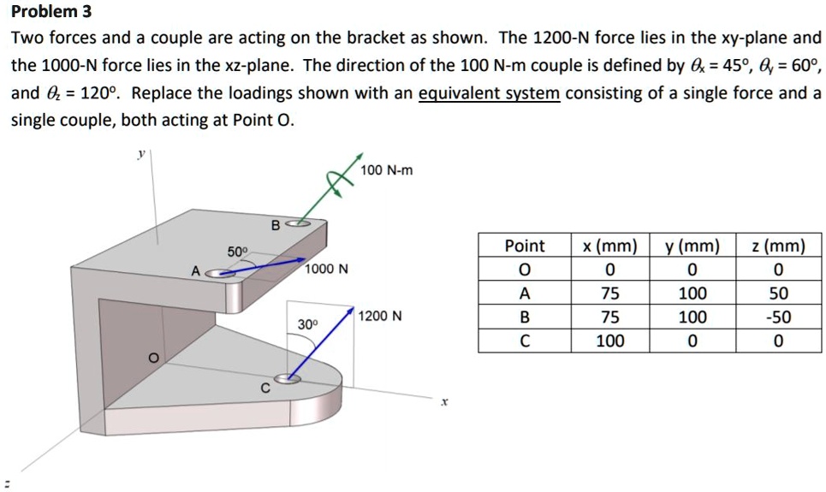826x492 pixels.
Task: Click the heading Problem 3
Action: [x=51, y=12]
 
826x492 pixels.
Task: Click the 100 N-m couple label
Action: [x=386, y=170]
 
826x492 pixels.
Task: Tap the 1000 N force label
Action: [x=327, y=269]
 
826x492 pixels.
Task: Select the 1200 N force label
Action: [x=380, y=316]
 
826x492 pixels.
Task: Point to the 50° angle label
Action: [x=237, y=252]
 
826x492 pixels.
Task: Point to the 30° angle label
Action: [x=307, y=324]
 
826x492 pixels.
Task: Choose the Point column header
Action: [x=524, y=246]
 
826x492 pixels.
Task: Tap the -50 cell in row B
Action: [x=777, y=317]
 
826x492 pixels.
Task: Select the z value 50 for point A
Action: [x=777, y=293]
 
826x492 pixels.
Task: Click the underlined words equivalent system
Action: [x=489, y=92]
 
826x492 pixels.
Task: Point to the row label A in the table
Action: [x=524, y=293]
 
